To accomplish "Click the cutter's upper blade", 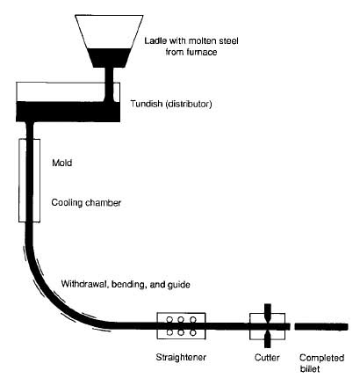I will tap(268, 314).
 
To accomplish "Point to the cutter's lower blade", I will tap(268, 338).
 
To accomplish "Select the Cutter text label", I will tap(265, 358).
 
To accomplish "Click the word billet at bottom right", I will tap(310, 368).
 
